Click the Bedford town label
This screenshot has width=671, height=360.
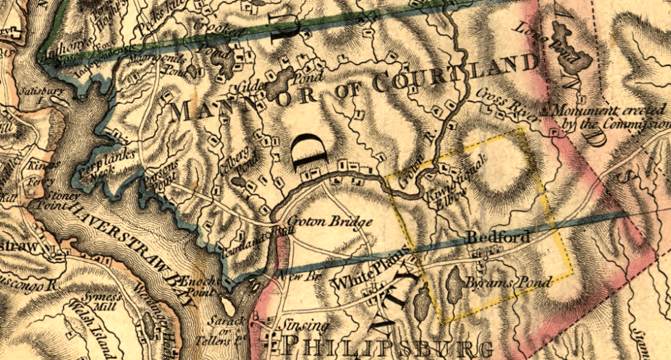pos(498,238)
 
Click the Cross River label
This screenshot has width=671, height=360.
pos(499,102)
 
